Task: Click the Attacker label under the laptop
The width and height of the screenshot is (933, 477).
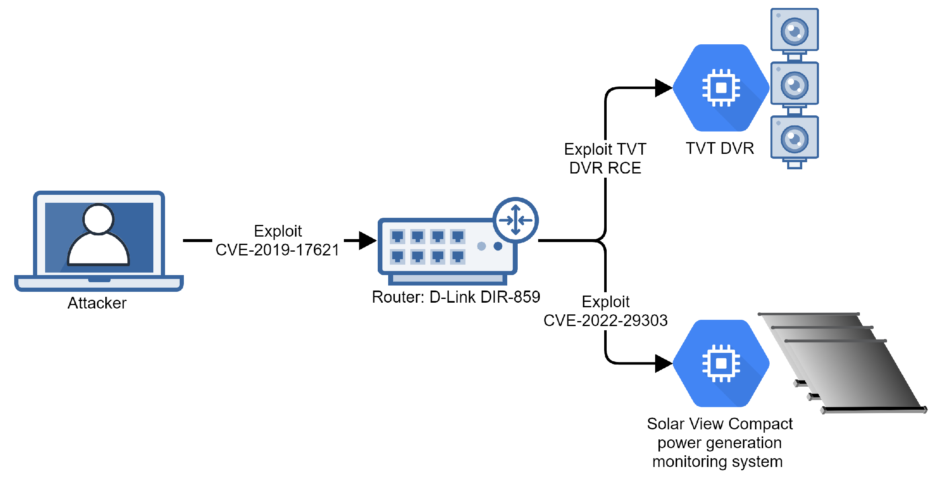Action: [x=97, y=303]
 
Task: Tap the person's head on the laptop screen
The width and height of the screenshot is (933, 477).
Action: [x=99, y=219]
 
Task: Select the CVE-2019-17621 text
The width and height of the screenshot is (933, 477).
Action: [x=277, y=250]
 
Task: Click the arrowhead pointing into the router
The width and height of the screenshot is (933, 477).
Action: [x=368, y=240]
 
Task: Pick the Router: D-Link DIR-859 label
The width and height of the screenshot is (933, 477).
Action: [x=456, y=297]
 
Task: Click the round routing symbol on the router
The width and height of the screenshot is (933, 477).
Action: [x=516, y=220]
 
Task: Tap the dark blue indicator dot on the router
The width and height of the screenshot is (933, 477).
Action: [x=498, y=246]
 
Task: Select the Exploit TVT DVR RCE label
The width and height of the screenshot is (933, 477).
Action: [x=605, y=158]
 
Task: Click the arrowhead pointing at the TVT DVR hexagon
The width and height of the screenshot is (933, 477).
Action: [x=664, y=88]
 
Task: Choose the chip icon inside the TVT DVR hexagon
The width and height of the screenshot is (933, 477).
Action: [x=721, y=88]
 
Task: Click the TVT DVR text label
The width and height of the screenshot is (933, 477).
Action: [x=720, y=148]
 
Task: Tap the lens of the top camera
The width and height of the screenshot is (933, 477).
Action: [x=794, y=31]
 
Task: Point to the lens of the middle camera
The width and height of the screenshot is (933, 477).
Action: [x=794, y=85]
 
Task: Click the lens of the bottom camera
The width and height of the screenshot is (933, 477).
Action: [x=794, y=139]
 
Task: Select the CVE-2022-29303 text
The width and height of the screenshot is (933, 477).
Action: [x=605, y=321]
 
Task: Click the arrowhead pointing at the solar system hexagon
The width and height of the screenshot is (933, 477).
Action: [x=664, y=363]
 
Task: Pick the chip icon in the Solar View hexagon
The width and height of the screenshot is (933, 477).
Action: [x=721, y=363]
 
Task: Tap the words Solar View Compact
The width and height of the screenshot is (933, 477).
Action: [x=719, y=424]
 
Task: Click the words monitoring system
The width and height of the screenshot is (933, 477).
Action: [x=717, y=462]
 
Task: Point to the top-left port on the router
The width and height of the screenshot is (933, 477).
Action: [x=397, y=237]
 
